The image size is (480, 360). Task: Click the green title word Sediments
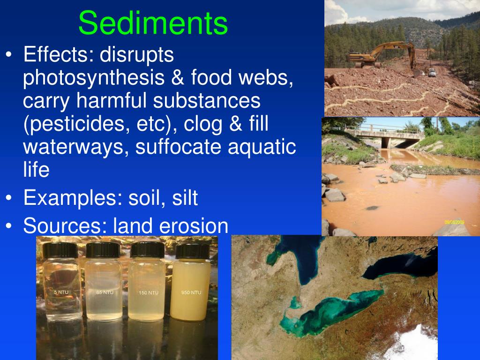[153, 23]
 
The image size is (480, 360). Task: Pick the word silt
[185, 198]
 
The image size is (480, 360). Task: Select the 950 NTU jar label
[191, 292]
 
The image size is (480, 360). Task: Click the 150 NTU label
[149, 292]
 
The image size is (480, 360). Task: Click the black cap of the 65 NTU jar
[103, 250]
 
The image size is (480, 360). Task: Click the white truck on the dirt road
[432, 73]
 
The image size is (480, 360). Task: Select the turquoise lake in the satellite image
[328, 309]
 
